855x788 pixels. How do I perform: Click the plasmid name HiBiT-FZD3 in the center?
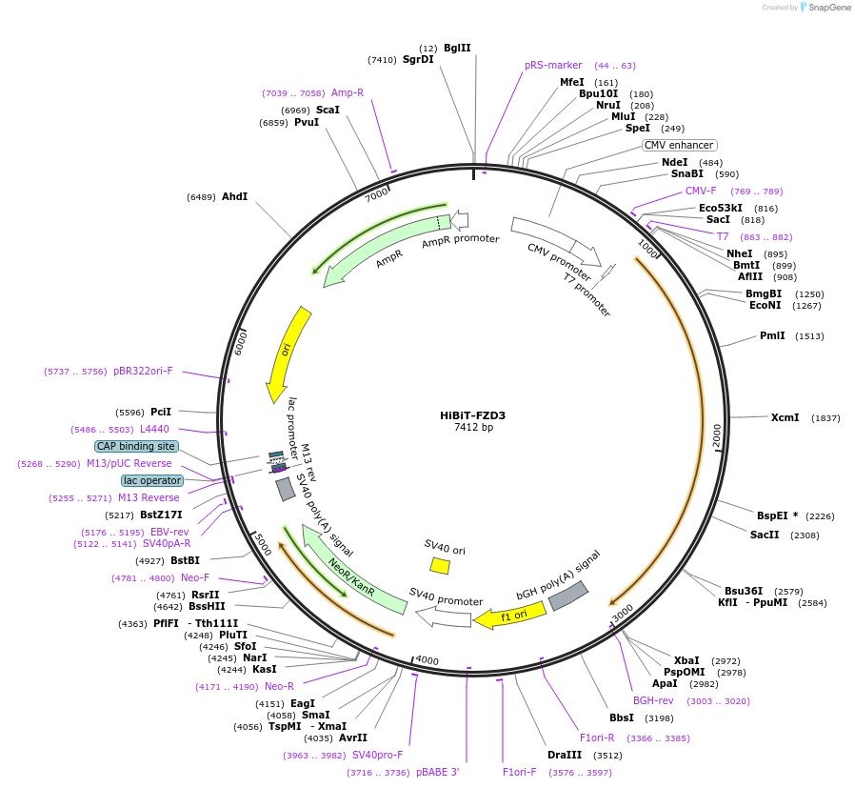pos(472,415)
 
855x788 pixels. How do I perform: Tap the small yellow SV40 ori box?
pos(440,565)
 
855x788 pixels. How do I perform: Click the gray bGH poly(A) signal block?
pos(567,596)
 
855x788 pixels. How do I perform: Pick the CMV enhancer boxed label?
pos(679,145)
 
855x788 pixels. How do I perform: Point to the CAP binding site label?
pos(136,446)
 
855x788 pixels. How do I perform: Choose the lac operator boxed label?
pos(151,480)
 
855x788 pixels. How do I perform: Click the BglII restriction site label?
pos(457,48)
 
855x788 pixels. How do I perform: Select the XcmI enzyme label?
pos(785,417)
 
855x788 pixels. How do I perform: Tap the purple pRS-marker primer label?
pos(553,66)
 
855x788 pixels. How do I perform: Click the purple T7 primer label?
pos(723,236)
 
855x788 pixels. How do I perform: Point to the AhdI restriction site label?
pos(234,196)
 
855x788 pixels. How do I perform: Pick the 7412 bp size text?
pos(473,428)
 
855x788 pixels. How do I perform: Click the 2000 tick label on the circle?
pos(717,435)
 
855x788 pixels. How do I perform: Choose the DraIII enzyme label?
pos(571,755)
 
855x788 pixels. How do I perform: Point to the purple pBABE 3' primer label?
pos(438,772)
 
